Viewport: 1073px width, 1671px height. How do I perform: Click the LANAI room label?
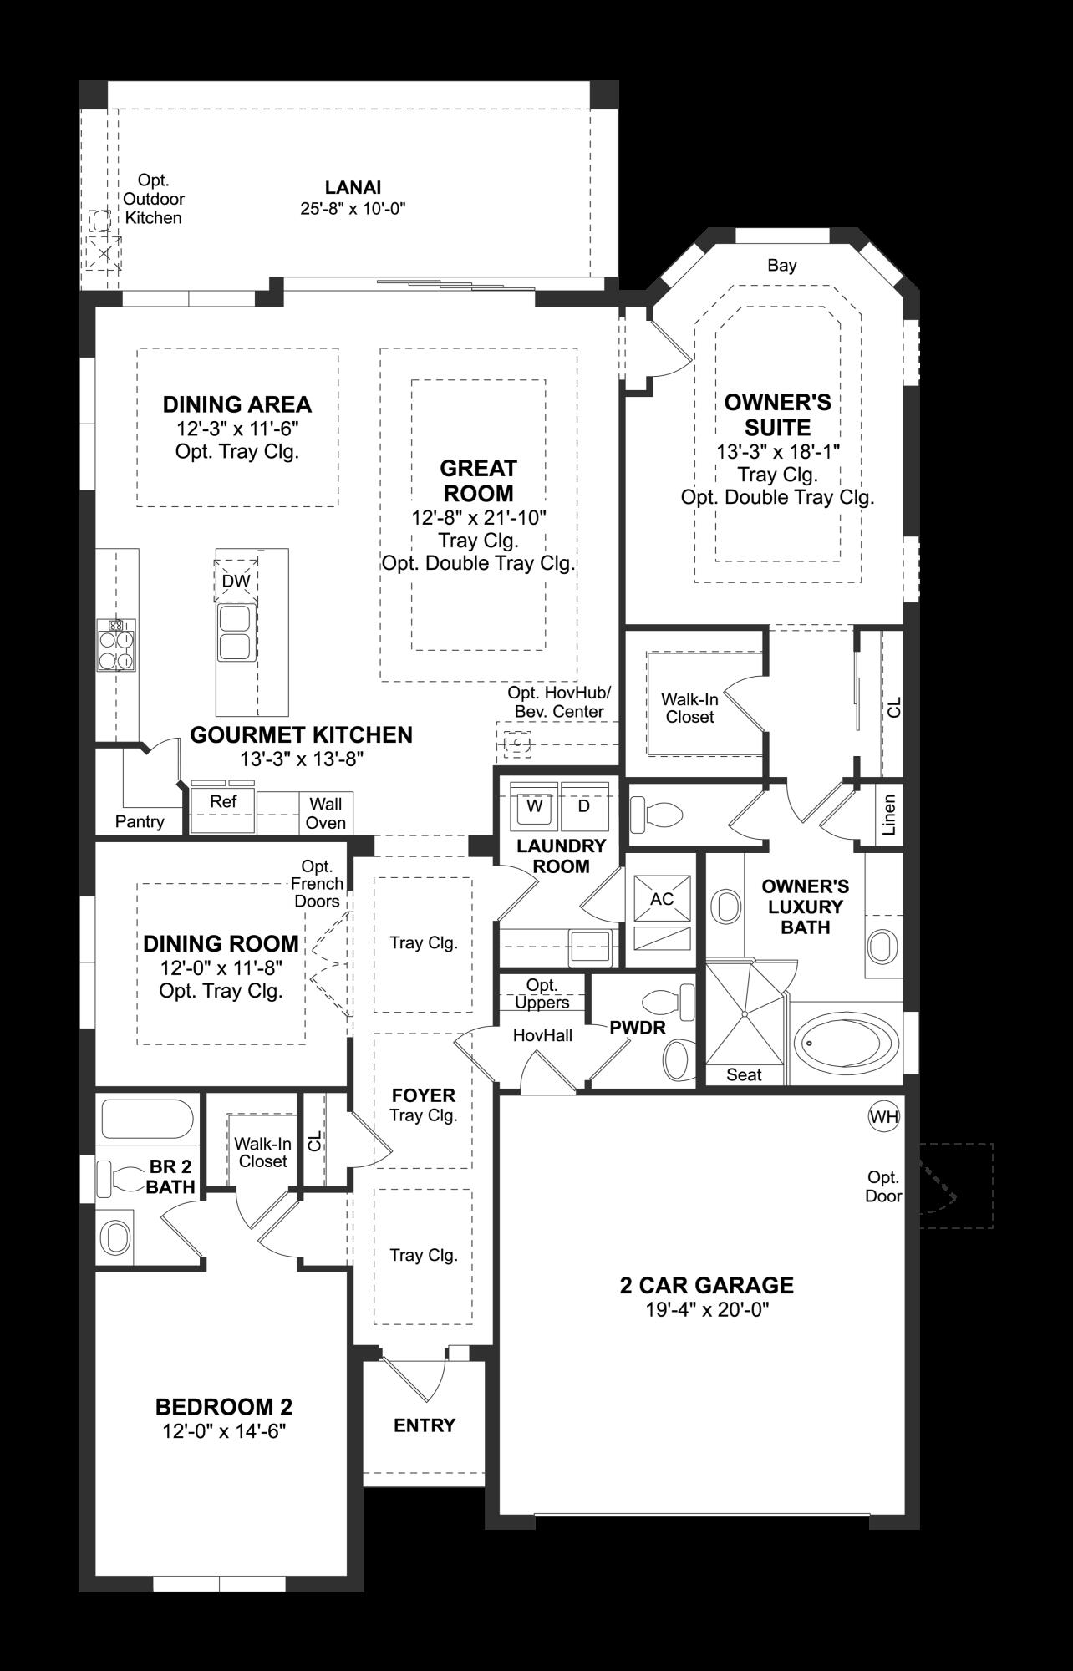(x=353, y=188)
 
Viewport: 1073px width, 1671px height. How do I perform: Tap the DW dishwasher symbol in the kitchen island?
(x=236, y=581)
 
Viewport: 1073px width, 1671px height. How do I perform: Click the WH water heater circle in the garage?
(x=884, y=1116)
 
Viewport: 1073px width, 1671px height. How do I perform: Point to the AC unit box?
(x=662, y=899)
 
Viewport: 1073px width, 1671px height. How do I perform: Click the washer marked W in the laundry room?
(x=535, y=807)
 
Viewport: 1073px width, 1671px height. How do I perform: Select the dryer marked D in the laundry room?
(x=584, y=807)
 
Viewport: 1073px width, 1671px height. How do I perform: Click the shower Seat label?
(x=743, y=1075)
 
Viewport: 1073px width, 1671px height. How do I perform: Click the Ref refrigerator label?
(x=223, y=802)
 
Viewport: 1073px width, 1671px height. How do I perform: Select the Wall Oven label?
(x=326, y=813)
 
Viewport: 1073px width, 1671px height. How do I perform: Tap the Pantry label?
(x=140, y=821)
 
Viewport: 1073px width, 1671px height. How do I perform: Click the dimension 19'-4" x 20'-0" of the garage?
(x=707, y=1309)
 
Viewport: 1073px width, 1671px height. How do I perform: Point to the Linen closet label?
(x=889, y=815)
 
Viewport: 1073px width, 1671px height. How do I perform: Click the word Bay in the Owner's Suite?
(x=782, y=266)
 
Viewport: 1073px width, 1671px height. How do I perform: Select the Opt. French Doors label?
(x=317, y=883)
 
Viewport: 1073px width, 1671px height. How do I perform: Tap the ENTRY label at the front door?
(x=425, y=1425)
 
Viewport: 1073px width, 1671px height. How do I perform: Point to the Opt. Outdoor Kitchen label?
(x=154, y=199)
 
